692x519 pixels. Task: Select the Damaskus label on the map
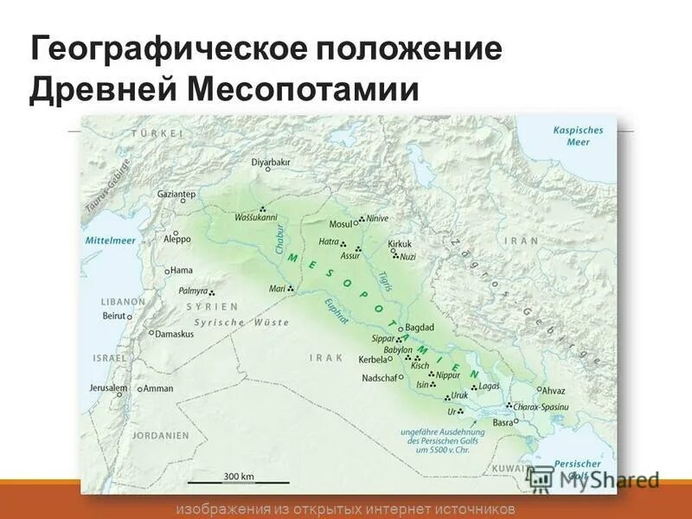[x=174, y=333]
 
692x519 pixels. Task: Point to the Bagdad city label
[x=419, y=328]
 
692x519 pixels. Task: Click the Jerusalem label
[x=108, y=388]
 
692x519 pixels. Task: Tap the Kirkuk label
[x=400, y=244]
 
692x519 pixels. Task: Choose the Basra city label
[x=503, y=423]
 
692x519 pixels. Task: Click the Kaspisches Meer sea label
[x=579, y=136]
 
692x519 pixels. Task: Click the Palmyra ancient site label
[x=193, y=291]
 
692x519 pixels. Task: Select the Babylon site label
[x=393, y=349]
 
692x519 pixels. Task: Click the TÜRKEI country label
[x=157, y=132]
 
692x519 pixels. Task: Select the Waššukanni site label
[x=255, y=217]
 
